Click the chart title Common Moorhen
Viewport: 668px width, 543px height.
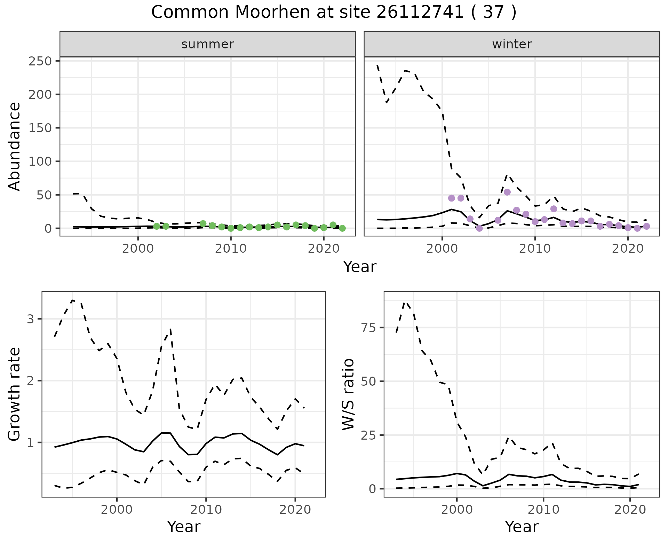[333, 13]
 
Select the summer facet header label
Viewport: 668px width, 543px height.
[207, 44]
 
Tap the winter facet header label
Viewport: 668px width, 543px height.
[511, 44]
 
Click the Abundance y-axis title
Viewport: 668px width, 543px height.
[15, 147]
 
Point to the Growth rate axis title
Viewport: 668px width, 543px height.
[15, 394]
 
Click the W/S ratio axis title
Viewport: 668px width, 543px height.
[348, 394]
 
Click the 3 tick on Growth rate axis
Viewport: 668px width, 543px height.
[31, 319]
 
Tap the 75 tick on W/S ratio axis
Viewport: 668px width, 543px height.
[372, 328]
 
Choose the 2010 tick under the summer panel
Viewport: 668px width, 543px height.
[231, 249]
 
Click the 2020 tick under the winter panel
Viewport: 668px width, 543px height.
[628, 249]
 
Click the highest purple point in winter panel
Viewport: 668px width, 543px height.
[507, 192]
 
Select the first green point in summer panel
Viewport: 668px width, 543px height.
[157, 226]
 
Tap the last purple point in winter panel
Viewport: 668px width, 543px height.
[646, 226]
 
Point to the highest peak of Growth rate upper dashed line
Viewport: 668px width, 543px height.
[72, 300]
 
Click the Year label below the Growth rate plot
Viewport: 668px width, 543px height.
[184, 527]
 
